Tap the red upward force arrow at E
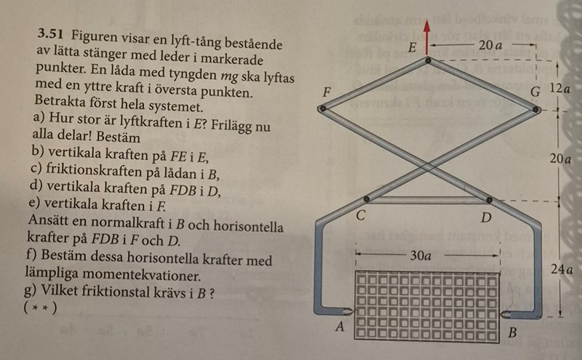click(x=427, y=31)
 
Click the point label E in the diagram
click(x=412, y=48)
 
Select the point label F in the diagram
click(x=327, y=94)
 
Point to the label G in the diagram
click(x=535, y=92)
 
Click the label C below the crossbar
click(x=362, y=216)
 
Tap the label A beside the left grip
click(x=339, y=327)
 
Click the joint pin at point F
click(x=322, y=109)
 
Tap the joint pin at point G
click(x=536, y=109)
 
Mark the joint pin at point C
click(x=367, y=199)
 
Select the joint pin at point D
click(x=489, y=199)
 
